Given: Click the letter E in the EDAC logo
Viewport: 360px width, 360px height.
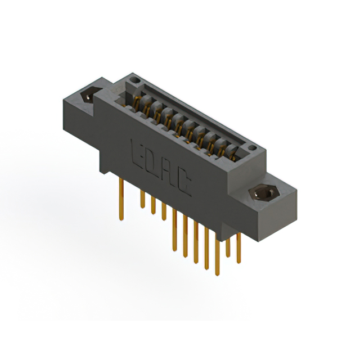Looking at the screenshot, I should (137, 151).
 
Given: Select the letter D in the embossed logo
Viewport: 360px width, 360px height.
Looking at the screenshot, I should (152, 162).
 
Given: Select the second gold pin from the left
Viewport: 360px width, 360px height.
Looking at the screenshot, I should (143, 199).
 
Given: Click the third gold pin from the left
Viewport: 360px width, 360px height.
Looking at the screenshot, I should (153, 205).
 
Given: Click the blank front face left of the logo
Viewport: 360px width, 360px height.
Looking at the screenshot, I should (115, 141).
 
